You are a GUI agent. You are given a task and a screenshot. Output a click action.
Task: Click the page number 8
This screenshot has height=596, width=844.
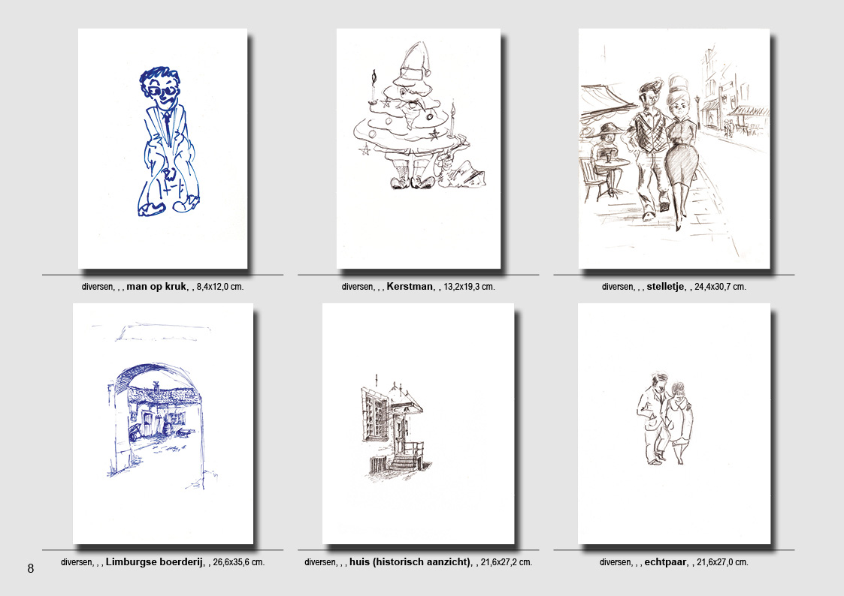(x=31, y=568)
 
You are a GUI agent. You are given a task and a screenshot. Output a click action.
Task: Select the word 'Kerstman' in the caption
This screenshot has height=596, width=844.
(x=410, y=287)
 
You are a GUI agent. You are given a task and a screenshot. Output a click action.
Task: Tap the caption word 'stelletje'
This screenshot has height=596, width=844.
(x=667, y=287)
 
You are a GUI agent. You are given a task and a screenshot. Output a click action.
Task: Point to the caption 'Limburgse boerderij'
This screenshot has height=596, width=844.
(x=155, y=562)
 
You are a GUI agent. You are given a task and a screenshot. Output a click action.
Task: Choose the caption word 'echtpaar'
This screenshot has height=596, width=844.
(x=665, y=562)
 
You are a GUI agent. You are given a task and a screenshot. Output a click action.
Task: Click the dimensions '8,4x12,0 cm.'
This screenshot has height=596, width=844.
(x=220, y=287)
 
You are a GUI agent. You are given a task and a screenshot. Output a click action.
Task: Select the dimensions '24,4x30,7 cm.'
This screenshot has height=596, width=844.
(x=720, y=287)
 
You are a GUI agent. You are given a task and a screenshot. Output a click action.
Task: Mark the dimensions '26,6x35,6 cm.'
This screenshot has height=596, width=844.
(x=239, y=563)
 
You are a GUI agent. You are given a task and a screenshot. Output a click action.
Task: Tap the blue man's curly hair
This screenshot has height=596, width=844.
(x=159, y=77)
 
